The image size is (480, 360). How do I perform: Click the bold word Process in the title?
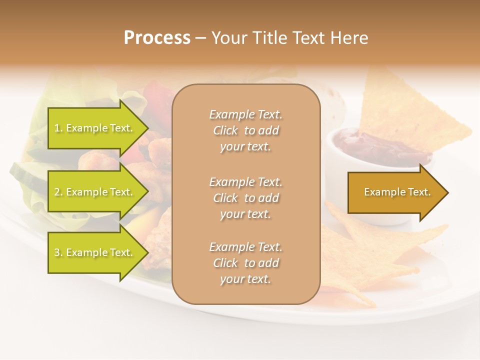[157, 38]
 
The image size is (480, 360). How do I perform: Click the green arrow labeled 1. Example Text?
[95, 128]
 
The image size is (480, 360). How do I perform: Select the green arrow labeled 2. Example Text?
[95, 192]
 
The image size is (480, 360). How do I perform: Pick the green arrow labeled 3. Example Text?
[95, 252]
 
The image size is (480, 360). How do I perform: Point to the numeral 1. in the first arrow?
[58, 128]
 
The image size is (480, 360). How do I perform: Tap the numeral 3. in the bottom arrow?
[58, 253]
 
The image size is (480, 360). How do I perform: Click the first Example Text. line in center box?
[245, 114]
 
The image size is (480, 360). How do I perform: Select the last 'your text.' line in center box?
[245, 279]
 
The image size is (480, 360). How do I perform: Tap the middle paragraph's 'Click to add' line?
[245, 198]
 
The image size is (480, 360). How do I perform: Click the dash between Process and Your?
[200, 38]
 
